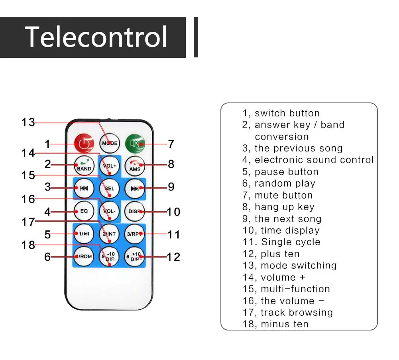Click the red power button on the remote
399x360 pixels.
click(x=84, y=144)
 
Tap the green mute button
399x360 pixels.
click(x=135, y=144)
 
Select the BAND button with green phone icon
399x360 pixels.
click(x=84, y=166)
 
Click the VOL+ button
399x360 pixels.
click(x=110, y=166)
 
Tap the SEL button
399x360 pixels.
click(x=110, y=189)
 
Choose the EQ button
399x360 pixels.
click(x=84, y=211)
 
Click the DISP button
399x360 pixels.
click(x=135, y=211)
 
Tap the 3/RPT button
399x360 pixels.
click(x=135, y=234)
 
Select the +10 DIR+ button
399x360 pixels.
click(x=135, y=256)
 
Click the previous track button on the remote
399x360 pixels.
click(x=84, y=189)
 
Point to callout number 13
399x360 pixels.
click(x=28, y=122)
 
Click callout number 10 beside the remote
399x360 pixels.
click(x=173, y=212)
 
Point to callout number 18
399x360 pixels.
click(x=28, y=245)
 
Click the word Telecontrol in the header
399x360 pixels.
click(x=96, y=37)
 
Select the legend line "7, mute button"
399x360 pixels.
click(x=277, y=195)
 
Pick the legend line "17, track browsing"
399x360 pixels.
click(x=287, y=313)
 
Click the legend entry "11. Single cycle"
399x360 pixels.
click(x=281, y=242)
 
